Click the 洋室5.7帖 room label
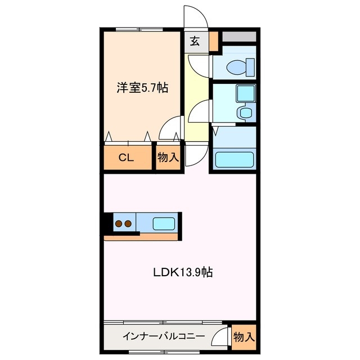[142, 88]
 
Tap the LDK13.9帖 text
[183, 272]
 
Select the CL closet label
[125, 157]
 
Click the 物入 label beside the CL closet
[168, 157]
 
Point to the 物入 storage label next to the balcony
[244, 337]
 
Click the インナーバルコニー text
[163, 337]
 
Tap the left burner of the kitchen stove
[119, 224]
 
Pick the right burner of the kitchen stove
[129, 224]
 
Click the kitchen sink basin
[163, 224]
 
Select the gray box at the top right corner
[240, 37]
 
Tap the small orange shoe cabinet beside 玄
[213, 40]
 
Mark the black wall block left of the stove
[107, 224]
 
